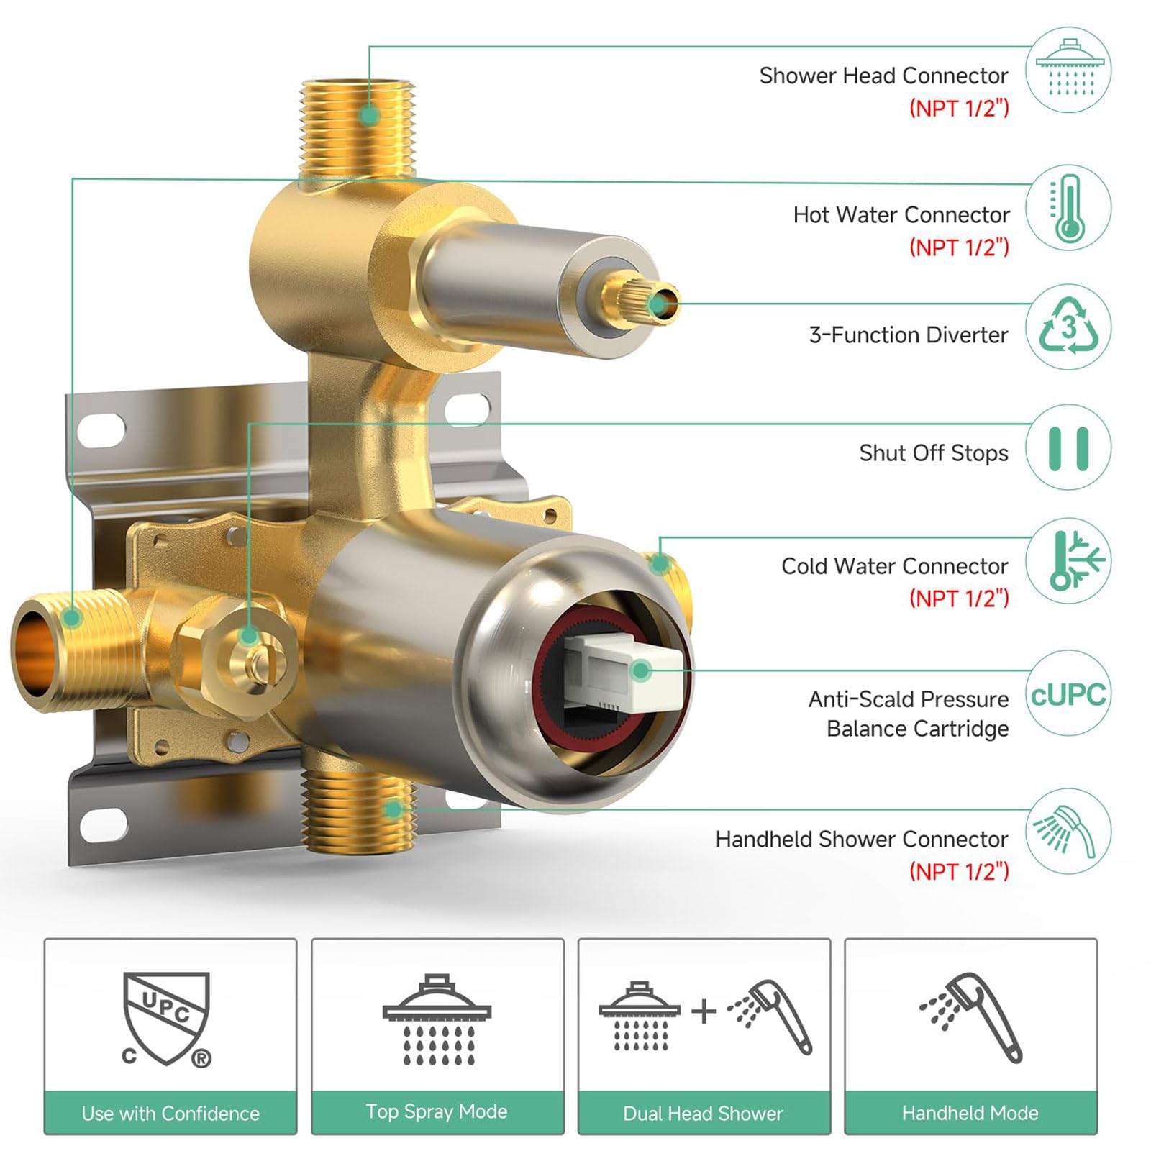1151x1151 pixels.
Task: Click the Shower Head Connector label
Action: [x=883, y=76]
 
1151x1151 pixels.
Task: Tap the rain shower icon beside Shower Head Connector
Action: [x=1068, y=70]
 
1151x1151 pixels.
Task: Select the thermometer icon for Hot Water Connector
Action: [x=1068, y=208]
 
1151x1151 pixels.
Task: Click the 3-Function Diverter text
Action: [x=909, y=335]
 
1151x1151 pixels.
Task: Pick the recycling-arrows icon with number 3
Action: [x=1068, y=327]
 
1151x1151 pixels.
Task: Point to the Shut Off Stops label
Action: [x=934, y=453]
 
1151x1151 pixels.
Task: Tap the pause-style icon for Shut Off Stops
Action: [x=1068, y=448]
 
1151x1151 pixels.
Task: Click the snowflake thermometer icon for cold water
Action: [x=1068, y=561]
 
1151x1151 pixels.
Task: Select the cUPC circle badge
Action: [x=1068, y=694]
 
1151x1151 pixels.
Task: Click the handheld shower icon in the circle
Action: [x=1068, y=832]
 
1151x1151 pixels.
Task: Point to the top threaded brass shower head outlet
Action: [x=358, y=129]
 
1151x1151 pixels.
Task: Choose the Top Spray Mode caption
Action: [x=437, y=1111]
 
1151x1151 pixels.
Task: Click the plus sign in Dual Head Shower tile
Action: [x=704, y=1011]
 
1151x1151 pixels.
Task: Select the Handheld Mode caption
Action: [x=970, y=1113]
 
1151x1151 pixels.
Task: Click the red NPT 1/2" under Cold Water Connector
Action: [x=959, y=598]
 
